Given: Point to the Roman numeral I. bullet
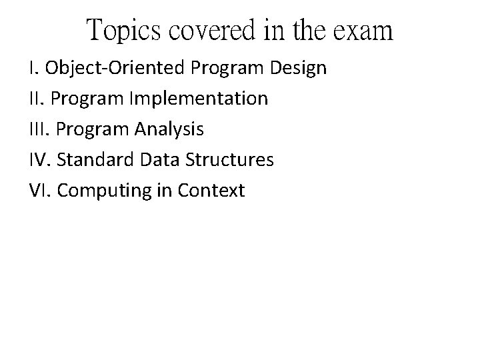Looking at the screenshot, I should point(33,68).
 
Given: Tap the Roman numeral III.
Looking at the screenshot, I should point(40,129).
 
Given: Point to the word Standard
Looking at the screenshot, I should point(95,160).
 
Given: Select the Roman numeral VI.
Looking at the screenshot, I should point(39,191).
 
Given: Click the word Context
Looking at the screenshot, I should point(211,191).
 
